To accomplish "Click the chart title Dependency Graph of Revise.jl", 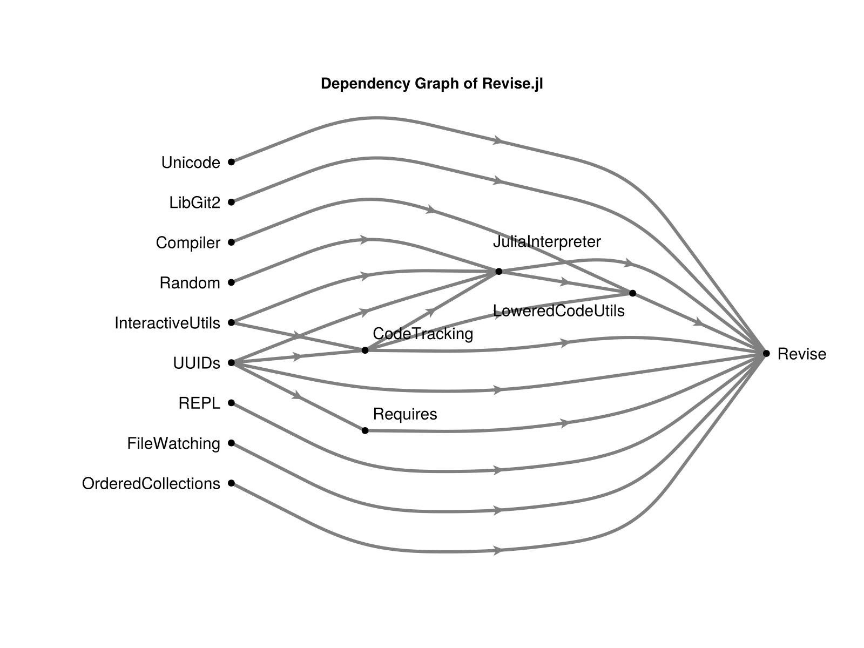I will pyautogui.click(x=431, y=84).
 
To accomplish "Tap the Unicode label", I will pyautogui.click(x=191, y=163).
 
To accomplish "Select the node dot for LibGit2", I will pyautogui.click(x=232, y=202).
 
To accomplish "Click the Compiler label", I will pyautogui.click(x=188, y=243).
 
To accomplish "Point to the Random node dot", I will pyautogui.click(x=232, y=282).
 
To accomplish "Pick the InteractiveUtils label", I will pyautogui.click(x=167, y=323).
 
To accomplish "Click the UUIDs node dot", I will pyautogui.click(x=232, y=363).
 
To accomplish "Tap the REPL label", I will pyautogui.click(x=199, y=403).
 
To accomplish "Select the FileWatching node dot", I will pyautogui.click(x=232, y=443).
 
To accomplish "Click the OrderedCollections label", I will pyautogui.click(x=151, y=484).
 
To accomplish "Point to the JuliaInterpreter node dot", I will pyautogui.click(x=499, y=271).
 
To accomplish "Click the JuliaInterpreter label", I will pyautogui.click(x=546, y=241).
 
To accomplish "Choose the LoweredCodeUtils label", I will pyautogui.click(x=558, y=311).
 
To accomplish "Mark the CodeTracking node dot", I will pyautogui.click(x=365, y=350).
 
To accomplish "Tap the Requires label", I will pyautogui.click(x=405, y=414).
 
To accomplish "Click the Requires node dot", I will pyautogui.click(x=365, y=430).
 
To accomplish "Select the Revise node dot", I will pyautogui.click(x=766, y=353).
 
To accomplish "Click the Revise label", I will pyautogui.click(x=801, y=354).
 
